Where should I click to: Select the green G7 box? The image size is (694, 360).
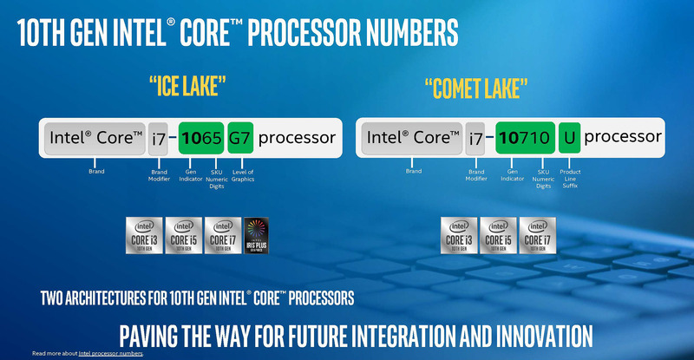pyautogui.click(x=239, y=138)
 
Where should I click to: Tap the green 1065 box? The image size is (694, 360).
pyautogui.click(x=201, y=138)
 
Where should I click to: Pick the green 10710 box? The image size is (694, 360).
pyautogui.click(x=524, y=137)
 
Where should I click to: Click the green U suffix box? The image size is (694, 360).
pyautogui.click(x=570, y=137)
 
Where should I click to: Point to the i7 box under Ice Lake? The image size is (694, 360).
pyautogui.click(x=158, y=138)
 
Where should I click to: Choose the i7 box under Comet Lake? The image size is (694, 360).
pyautogui.click(x=476, y=137)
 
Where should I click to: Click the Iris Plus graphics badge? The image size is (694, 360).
pyautogui.click(x=259, y=234)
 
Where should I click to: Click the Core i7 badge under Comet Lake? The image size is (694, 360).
pyautogui.click(x=536, y=234)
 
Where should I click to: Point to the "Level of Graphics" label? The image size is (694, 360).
pyautogui.click(x=244, y=175)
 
